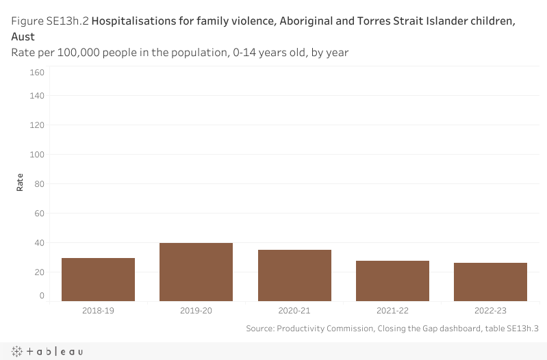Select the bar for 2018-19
coord(98,279)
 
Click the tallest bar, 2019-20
coord(196,272)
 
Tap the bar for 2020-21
coord(294,275)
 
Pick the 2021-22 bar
coord(392,281)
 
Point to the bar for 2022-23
coord(490,281)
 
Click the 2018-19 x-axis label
coord(98,311)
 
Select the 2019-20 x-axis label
coord(196,311)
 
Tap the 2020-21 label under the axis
coord(294,311)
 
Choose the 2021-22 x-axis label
coord(392,311)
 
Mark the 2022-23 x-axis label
coord(490,311)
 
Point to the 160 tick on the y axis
coord(37,73)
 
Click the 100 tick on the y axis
coord(37,155)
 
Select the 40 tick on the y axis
coord(39,243)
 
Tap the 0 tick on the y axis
coord(42,296)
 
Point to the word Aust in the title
coord(23,36)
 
